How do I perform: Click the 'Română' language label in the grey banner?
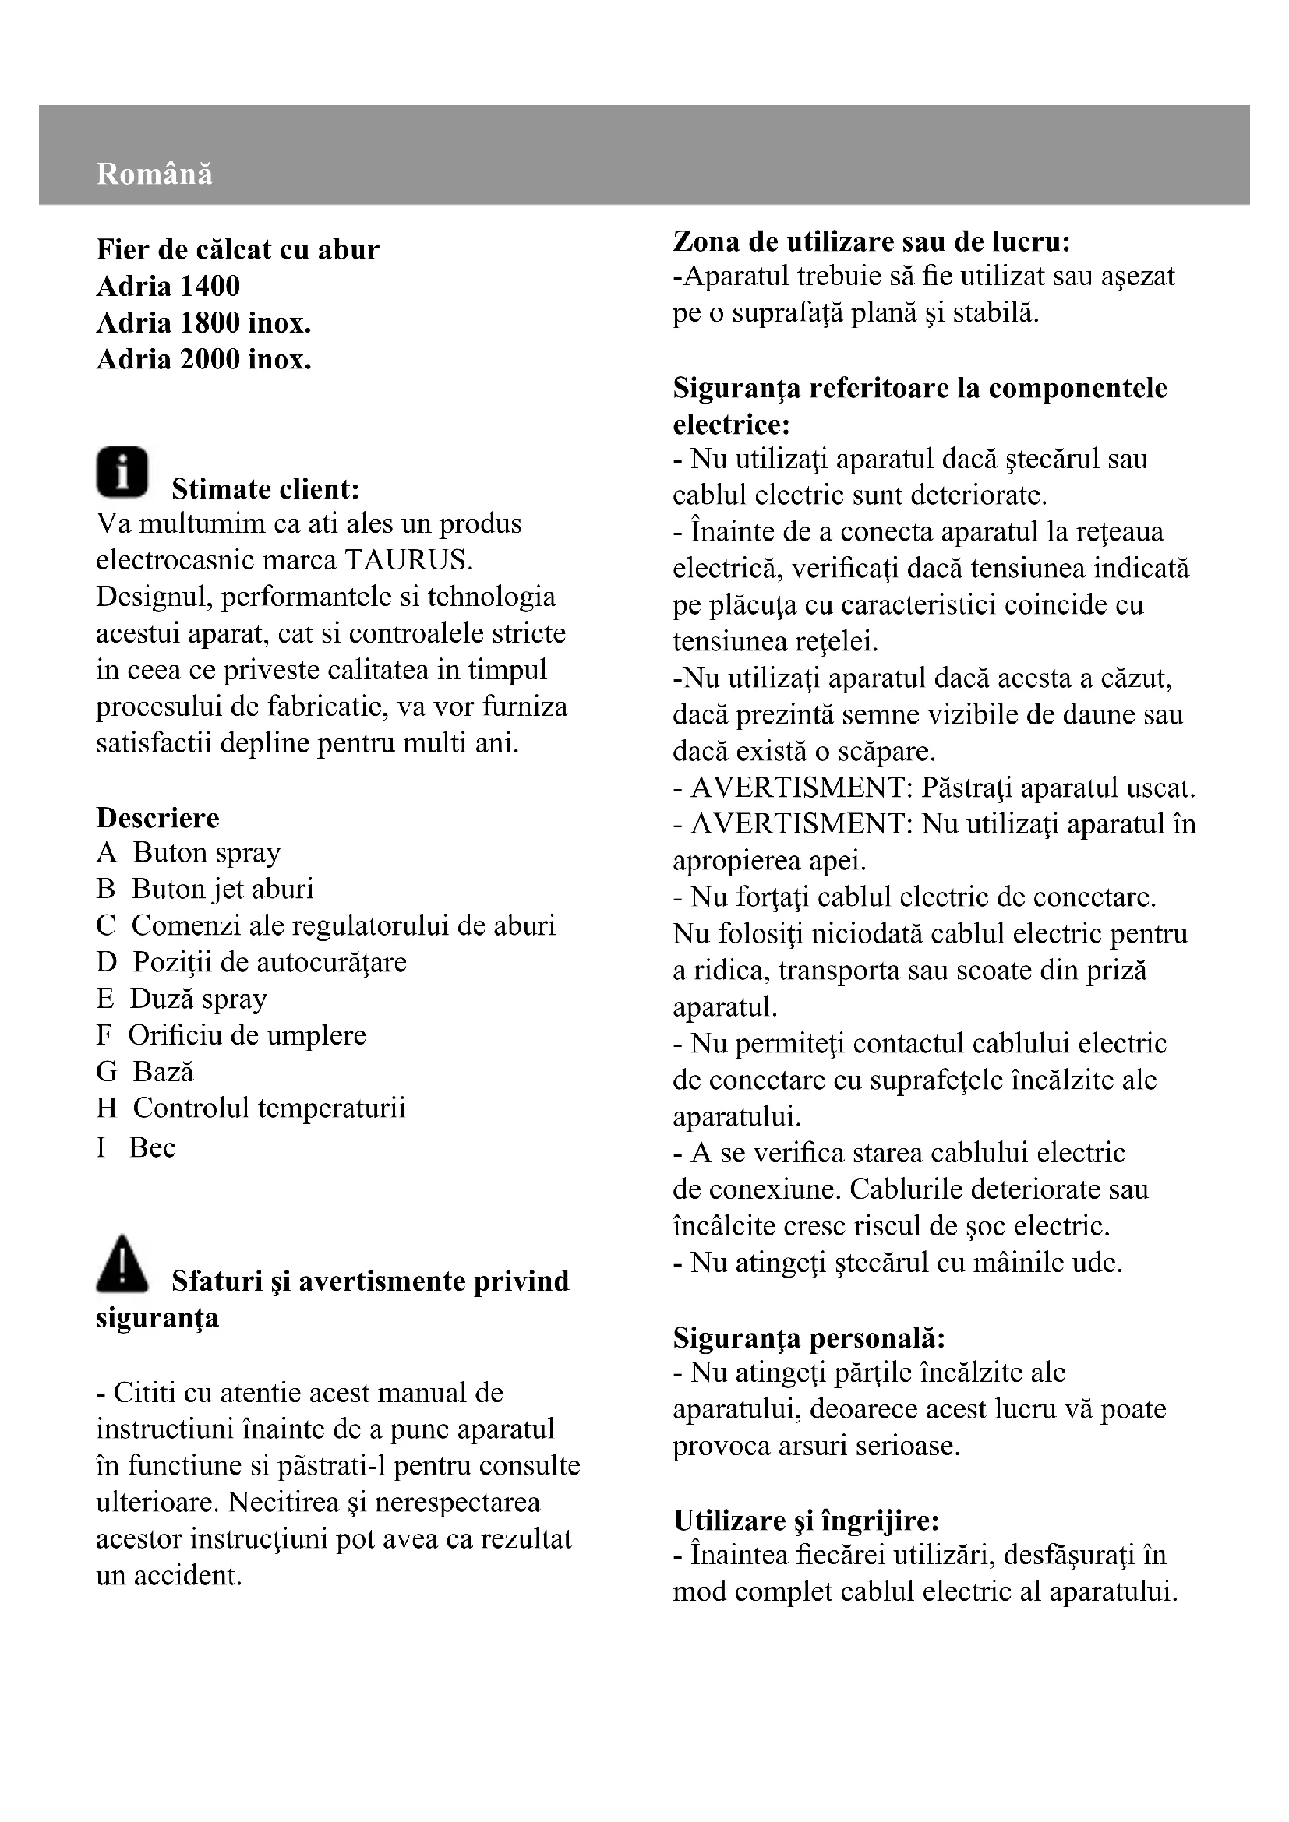coord(154,174)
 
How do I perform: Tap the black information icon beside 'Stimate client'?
coord(122,472)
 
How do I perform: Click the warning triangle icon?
coord(122,1263)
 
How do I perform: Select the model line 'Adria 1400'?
coord(168,287)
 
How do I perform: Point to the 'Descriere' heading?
coord(157,817)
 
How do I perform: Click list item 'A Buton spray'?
coord(188,852)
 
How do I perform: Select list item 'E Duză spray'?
coord(181,999)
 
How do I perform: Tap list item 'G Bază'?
coord(144,1071)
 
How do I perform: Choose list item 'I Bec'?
coord(136,1147)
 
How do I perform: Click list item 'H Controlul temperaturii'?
coord(250,1108)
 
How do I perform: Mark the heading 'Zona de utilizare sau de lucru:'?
coord(871,241)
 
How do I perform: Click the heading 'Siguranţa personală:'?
coord(809,1338)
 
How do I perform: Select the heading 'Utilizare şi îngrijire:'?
coord(806,1521)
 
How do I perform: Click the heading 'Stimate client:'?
coord(266,489)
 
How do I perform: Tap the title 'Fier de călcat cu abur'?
coord(238,250)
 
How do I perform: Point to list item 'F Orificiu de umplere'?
coord(231,1034)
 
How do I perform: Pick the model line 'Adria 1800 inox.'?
coord(203,323)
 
